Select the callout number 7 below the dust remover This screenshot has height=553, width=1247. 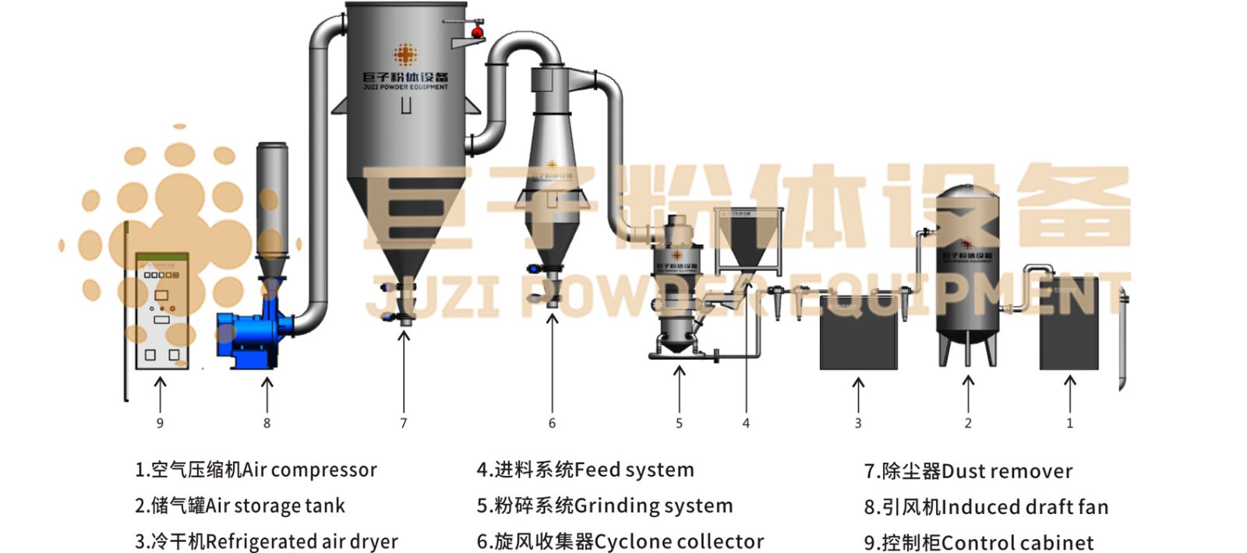pos(403,423)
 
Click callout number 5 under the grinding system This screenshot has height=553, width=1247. pos(679,423)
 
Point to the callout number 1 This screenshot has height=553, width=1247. pos(1069,423)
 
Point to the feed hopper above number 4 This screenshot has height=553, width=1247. pos(749,238)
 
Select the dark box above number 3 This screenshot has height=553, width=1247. pos(859,331)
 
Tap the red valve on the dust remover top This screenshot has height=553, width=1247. pos(477,32)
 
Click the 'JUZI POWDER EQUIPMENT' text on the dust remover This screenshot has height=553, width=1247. pos(405,87)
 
